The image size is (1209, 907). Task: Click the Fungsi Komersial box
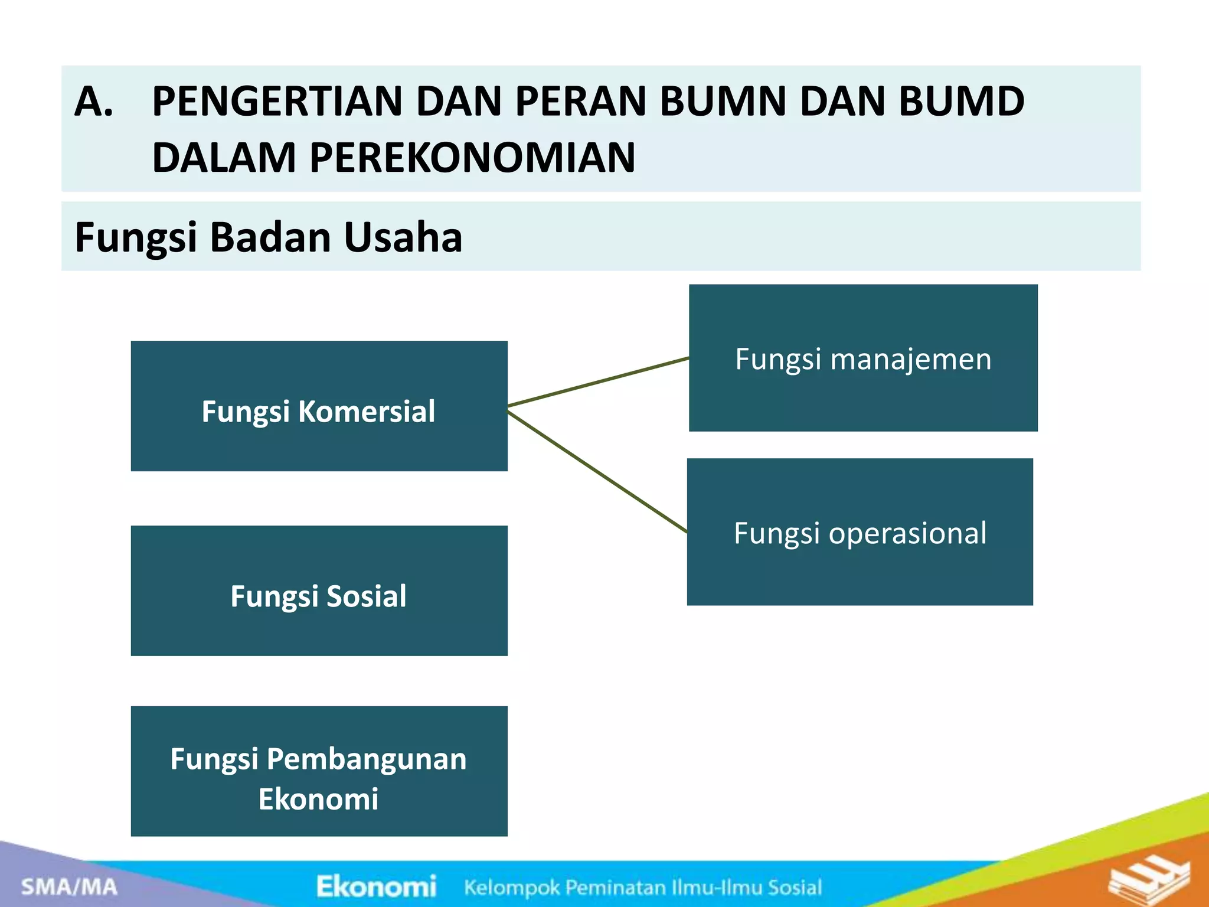pos(319,406)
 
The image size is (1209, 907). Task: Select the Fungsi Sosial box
pos(319,591)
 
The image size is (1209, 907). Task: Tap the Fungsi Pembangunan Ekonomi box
pos(319,771)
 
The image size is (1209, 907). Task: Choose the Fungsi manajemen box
pos(863,358)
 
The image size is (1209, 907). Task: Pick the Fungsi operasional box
pos(860,531)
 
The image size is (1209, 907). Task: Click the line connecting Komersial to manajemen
pos(598,381)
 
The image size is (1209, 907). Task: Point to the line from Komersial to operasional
pos(596,472)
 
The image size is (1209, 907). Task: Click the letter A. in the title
pos(94,102)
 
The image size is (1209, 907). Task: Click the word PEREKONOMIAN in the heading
pos(472,158)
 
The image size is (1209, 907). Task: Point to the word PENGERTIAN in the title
pos(277,102)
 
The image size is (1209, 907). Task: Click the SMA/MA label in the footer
pos(69,886)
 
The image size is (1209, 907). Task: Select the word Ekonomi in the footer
pos(376,886)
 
